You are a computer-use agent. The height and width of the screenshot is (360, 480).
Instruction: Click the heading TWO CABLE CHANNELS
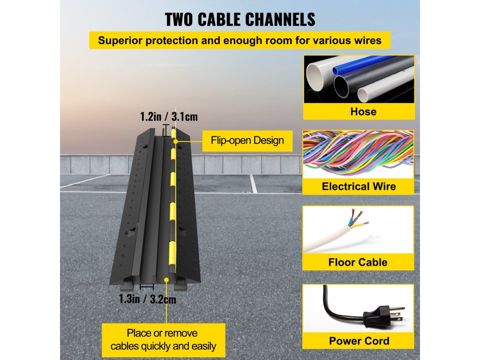(240, 20)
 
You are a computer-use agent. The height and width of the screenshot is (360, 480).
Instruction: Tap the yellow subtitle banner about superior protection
(240, 40)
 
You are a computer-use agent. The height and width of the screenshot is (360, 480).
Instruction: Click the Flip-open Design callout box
(247, 140)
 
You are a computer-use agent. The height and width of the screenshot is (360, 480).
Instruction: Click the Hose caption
(359, 112)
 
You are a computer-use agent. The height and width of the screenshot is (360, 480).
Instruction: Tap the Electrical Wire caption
(359, 187)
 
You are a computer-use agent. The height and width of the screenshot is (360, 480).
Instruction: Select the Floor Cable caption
(359, 262)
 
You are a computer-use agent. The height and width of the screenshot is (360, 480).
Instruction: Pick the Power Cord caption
(359, 341)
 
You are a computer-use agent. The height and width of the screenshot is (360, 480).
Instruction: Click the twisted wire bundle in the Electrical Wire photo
(359, 152)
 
